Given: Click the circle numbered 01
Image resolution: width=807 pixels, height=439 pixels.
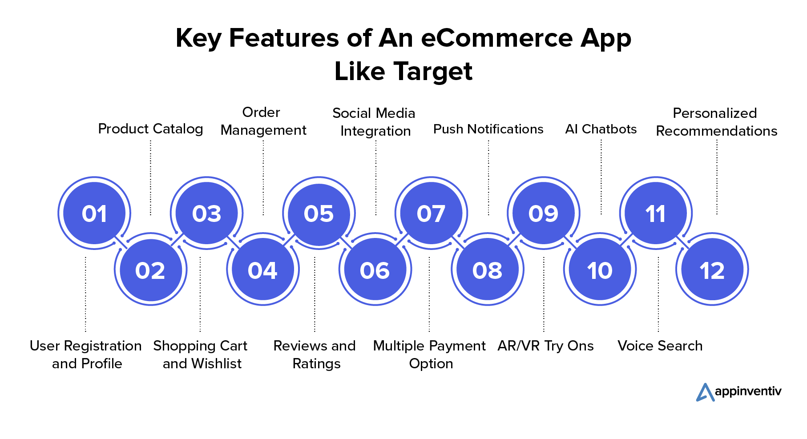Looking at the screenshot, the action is [94, 213].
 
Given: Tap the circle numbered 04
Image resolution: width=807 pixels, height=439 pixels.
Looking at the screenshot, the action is [263, 270].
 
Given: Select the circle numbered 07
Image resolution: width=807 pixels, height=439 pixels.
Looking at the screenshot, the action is [431, 213].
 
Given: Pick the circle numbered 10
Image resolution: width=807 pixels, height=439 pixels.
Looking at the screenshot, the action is [600, 270].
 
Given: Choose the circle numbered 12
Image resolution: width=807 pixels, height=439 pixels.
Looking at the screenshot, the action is [712, 270].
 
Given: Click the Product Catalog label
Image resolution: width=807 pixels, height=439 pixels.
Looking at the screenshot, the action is [150, 129].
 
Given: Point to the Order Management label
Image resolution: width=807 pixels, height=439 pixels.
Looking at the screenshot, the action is [263, 121].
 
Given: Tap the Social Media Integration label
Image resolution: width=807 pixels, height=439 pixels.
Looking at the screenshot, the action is [374, 122].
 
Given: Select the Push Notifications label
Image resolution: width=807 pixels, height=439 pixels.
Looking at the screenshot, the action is [488, 129].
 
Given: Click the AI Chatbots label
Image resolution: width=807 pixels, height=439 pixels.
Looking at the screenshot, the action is [601, 129].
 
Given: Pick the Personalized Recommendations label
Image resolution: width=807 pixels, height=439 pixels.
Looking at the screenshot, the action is [717, 122].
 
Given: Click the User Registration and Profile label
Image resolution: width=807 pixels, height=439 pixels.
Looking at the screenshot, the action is [86, 354].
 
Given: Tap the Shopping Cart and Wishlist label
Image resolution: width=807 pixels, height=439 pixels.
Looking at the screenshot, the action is [201, 354].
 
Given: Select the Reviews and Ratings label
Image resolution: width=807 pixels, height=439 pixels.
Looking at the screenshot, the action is [315, 354].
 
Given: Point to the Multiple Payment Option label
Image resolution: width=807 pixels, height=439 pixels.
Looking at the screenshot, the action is [430, 354].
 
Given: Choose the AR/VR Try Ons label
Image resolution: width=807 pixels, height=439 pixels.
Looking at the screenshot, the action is [546, 346].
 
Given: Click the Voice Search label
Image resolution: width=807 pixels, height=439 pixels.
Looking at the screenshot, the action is [660, 346].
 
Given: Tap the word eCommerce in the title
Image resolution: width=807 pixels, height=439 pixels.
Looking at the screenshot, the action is [496, 38].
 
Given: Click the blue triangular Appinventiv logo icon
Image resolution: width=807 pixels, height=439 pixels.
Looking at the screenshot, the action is [705, 392].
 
